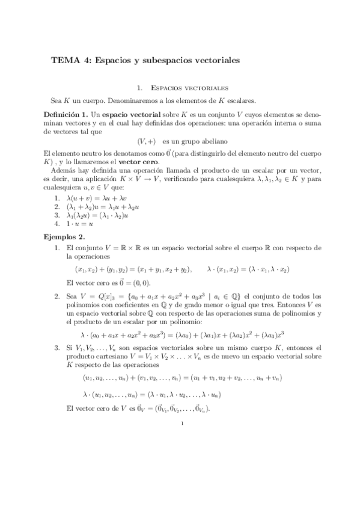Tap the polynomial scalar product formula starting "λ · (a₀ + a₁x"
(x=182, y=334)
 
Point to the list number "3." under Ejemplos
(x=56, y=348)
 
